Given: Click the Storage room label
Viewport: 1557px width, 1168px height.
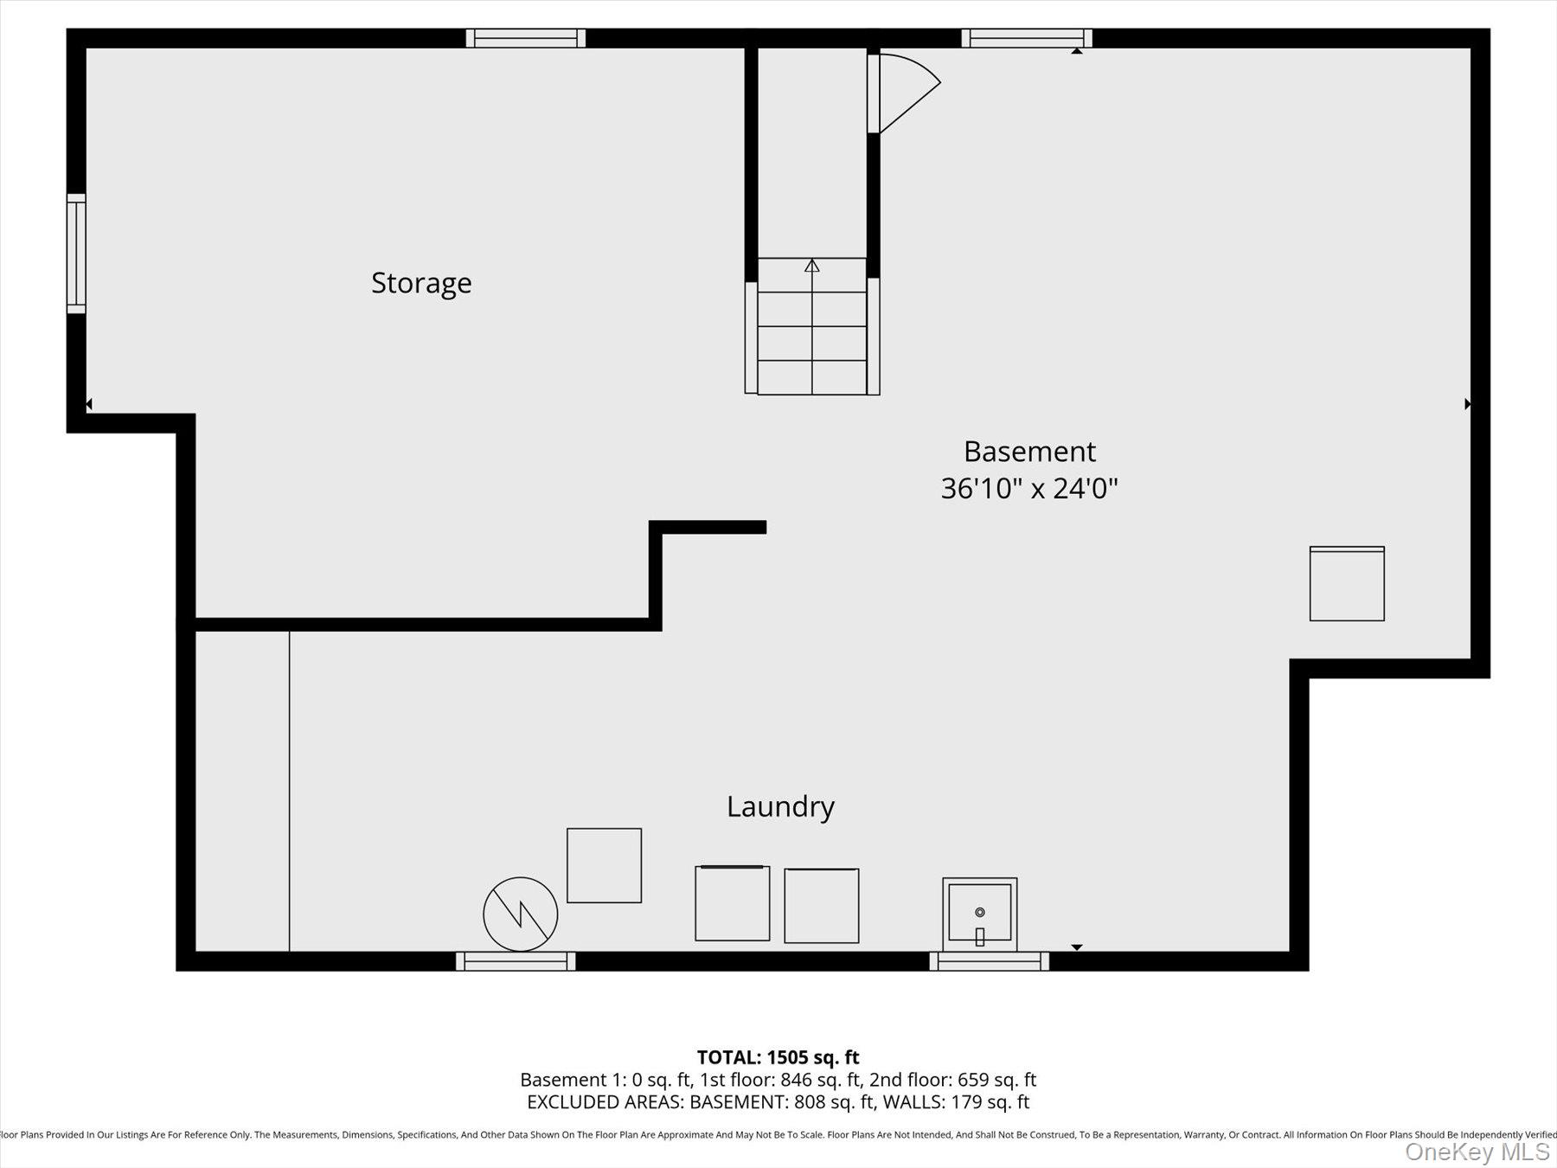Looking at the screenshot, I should (421, 283).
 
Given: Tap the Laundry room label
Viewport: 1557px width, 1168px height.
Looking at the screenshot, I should (780, 806).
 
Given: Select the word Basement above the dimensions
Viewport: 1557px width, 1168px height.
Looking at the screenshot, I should (1029, 452).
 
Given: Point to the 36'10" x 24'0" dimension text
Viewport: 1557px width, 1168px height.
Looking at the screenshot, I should (1029, 489).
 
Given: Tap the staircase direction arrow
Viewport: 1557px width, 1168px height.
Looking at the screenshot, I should (811, 266).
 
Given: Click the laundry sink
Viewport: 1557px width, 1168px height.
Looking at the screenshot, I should (979, 914).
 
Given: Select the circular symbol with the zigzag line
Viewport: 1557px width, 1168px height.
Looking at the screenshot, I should (520, 914).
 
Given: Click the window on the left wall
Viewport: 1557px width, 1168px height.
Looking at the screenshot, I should (76, 253).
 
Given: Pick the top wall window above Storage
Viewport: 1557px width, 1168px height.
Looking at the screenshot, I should (526, 38).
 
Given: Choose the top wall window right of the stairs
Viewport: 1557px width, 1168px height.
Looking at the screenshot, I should (1027, 38).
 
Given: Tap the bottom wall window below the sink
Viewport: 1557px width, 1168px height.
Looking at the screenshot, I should (990, 961).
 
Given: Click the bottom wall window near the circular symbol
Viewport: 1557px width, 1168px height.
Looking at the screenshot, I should (516, 961).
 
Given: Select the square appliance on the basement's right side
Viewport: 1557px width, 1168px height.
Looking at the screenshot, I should (1347, 584).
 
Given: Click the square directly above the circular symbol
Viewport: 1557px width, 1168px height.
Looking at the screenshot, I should (604, 865).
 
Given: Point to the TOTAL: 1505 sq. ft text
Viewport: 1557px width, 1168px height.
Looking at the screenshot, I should (778, 1057).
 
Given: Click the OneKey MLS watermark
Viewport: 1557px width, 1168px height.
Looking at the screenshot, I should (1477, 1152).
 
